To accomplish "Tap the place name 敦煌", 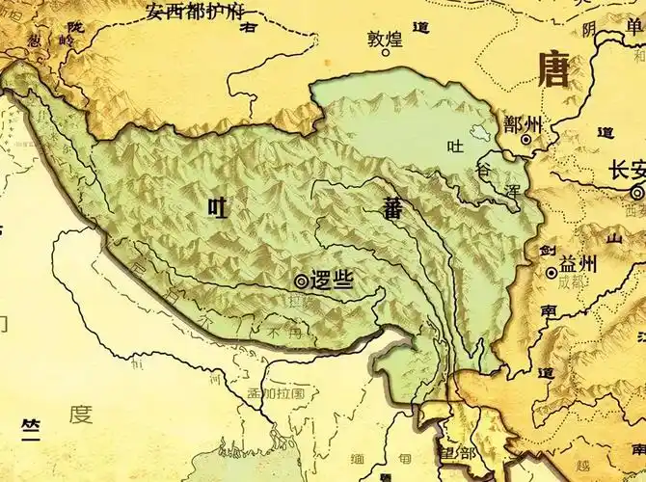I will coord(383,40).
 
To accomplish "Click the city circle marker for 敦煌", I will coord(385,54).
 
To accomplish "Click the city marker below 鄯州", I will coord(526,140).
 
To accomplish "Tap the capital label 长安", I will coord(628,171).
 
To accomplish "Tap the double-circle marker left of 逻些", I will coord(302,281).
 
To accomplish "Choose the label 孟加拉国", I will coord(275,393).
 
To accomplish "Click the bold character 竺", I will coord(31,426).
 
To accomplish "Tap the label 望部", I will coord(455,453).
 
